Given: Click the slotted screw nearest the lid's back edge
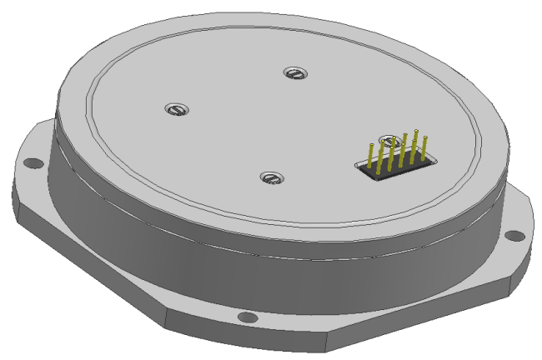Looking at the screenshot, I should coord(293,74).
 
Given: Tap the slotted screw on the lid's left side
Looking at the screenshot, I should coord(175,108).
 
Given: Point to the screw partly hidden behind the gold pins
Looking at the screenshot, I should coord(385,142).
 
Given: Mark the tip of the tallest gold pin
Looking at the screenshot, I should coord(416,132).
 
